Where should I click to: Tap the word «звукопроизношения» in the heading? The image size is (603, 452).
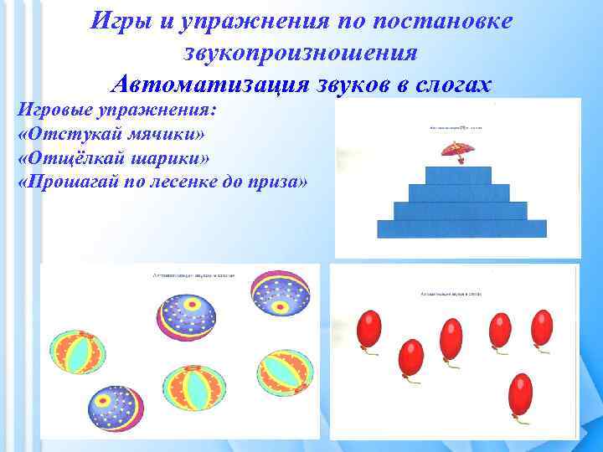tap(300, 53)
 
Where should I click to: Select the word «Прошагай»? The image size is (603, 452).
tap(74, 183)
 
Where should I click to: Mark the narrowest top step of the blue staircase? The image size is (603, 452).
tap(458, 175)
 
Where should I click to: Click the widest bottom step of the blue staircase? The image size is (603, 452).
tap(461, 229)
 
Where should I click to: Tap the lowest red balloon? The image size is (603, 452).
tap(520, 393)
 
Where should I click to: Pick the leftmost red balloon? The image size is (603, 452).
tap(368, 329)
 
